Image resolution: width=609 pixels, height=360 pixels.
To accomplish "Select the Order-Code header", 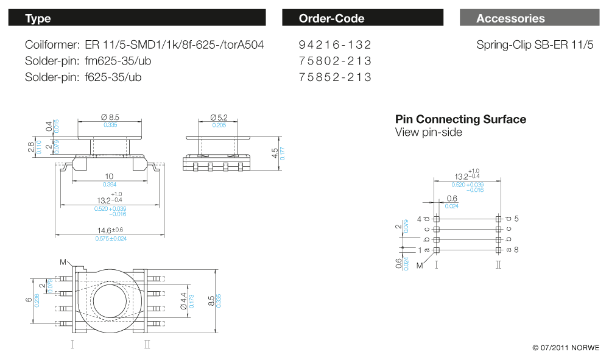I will click(x=362, y=18).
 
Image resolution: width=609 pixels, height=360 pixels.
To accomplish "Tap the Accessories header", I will click(x=529, y=18).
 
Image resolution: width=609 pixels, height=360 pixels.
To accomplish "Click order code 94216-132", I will click(x=335, y=45).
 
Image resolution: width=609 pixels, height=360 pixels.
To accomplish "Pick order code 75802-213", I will click(x=335, y=61).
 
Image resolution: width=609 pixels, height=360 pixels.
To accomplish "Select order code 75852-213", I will click(x=335, y=77).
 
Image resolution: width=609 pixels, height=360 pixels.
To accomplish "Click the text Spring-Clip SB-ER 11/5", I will click(x=535, y=45).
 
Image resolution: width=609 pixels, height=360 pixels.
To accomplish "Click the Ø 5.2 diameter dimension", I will click(x=219, y=116).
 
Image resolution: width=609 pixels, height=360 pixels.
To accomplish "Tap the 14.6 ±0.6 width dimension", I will click(x=110, y=230).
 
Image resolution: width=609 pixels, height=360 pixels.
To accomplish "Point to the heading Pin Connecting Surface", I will click(x=460, y=119).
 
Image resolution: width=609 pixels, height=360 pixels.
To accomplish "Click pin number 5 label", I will click(x=516, y=218).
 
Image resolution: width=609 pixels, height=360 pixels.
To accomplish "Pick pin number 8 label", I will click(x=516, y=250).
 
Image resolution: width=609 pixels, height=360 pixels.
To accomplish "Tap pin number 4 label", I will click(x=419, y=218).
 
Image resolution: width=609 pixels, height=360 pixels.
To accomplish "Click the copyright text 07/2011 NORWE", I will click(x=566, y=348).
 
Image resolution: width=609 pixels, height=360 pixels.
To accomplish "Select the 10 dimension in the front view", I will click(x=110, y=176).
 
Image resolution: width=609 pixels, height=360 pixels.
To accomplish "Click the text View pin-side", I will click(x=428, y=132).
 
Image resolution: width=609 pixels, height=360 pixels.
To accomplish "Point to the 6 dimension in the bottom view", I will click(x=28, y=300).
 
